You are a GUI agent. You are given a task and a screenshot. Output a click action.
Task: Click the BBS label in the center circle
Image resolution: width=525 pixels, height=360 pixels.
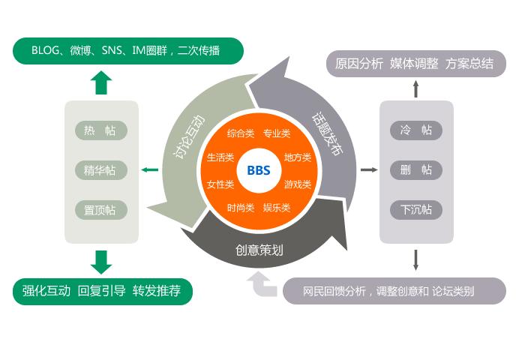259,170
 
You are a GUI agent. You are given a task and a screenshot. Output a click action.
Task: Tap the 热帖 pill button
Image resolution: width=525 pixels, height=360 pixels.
101,130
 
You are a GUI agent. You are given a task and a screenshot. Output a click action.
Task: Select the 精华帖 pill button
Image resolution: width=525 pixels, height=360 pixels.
101,170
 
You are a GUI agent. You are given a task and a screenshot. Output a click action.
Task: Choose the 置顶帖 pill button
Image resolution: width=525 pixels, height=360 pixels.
101,210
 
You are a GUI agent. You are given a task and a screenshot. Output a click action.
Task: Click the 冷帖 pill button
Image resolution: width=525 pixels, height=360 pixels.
416,130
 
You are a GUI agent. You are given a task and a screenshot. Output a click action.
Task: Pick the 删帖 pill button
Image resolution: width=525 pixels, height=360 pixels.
416,170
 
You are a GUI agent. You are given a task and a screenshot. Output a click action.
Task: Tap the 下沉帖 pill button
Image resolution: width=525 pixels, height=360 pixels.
416,210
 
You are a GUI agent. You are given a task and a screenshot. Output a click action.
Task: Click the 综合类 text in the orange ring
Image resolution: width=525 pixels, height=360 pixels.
241,133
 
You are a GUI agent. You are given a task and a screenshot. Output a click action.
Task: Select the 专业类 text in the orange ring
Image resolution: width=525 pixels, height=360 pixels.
277,133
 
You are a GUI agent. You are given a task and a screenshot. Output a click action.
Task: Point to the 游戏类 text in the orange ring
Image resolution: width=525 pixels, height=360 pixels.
298,184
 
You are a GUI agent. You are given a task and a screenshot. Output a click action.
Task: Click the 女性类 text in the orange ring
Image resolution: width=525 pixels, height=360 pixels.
220,184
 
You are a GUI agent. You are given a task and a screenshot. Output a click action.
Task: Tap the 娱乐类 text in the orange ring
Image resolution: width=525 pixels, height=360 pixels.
277,208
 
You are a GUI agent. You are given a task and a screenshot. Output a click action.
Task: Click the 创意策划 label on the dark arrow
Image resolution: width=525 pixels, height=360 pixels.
259,250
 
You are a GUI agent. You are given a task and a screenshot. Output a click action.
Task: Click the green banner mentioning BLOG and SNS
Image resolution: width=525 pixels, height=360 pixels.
128,50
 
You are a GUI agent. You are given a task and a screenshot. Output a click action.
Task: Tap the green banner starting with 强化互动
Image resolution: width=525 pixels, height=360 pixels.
103,291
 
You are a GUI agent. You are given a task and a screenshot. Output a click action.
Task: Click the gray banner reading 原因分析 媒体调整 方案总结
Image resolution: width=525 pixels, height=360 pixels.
415,64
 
